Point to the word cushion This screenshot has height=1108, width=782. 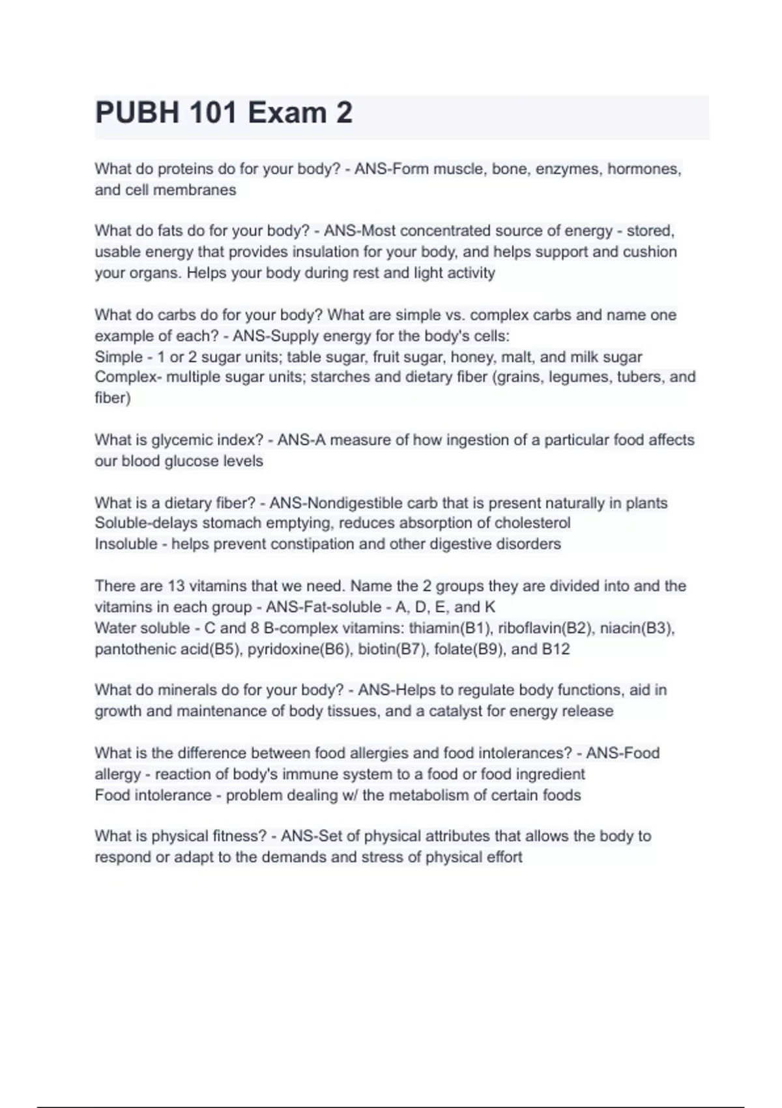(x=650, y=252)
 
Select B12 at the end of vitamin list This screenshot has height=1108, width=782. (x=555, y=649)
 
